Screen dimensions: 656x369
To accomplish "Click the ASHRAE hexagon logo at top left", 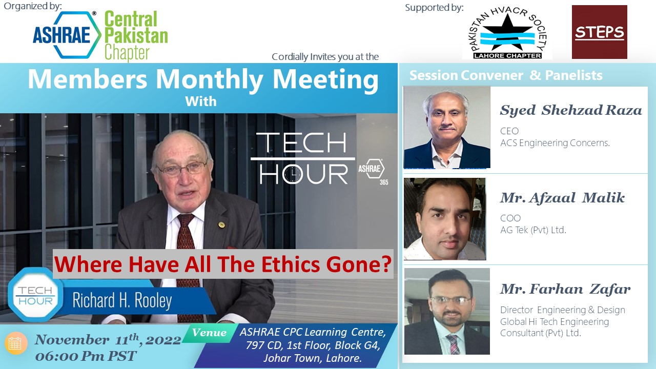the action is pyautogui.click(x=67, y=35).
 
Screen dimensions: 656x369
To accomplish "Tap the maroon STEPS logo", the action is pyautogui.click(x=600, y=32).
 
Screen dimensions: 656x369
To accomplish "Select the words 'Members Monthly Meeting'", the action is pyautogui.click(x=203, y=79).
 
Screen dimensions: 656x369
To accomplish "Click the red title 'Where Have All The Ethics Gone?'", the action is pyautogui.click(x=223, y=264).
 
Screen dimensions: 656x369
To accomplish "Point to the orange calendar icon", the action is pyautogui.click(x=15, y=343).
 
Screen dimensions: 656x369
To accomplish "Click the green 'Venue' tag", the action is pyautogui.click(x=209, y=333).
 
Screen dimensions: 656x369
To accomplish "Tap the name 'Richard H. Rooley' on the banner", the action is pyautogui.click(x=122, y=300).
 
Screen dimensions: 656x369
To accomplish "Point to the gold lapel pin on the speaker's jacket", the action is pyautogui.click(x=221, y=224).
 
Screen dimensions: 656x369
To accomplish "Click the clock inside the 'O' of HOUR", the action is pyautogui.click(x=293, y=175).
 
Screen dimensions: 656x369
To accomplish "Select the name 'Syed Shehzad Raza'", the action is pyautogui.click(x=571, y=110).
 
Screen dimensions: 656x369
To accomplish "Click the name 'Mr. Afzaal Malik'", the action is pyautogui.click(x=562, y=198).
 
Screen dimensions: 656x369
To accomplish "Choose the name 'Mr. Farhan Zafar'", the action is pyautogui.click(x=565, y=289).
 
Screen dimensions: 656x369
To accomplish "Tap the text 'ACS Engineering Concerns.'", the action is pyautogui.click(x=555, y=143).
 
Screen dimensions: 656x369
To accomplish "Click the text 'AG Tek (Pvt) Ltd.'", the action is pyautogui.click(x=534, y=230).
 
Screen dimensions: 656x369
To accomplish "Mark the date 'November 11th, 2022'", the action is pyautogui.click(x=108, y=339).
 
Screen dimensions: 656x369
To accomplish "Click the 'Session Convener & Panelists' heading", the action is pyautogui.click(x=506, y=75).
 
